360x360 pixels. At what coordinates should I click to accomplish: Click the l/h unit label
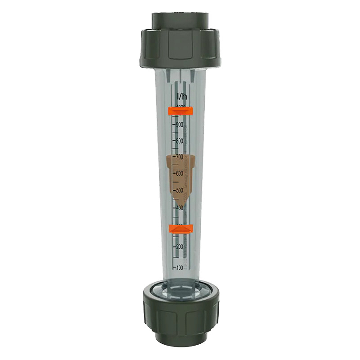182,96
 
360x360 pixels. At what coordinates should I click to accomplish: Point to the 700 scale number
180,157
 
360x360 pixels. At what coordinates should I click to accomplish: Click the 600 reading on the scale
180,174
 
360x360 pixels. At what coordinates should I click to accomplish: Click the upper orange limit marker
180,111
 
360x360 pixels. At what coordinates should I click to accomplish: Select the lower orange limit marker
181,229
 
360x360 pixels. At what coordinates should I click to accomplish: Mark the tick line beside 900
174,124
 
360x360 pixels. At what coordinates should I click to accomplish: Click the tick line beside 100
175,267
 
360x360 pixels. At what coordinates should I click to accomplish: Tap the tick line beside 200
175,247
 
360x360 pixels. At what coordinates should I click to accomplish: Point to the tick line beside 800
174,140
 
